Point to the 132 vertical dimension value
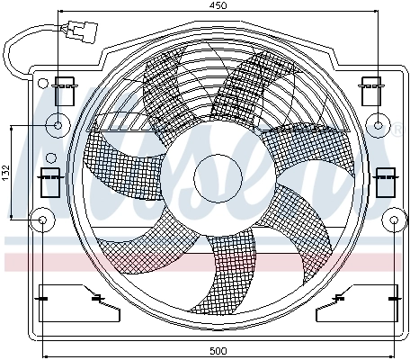(x=4, y=173)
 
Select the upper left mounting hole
(x=58, y=125)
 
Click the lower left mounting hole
(x=42, y=219)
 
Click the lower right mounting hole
(x=393, y=219)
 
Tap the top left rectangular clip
(x=65, y=92)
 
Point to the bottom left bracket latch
(x=94, y=298)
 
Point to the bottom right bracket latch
(x=341, y=298)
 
